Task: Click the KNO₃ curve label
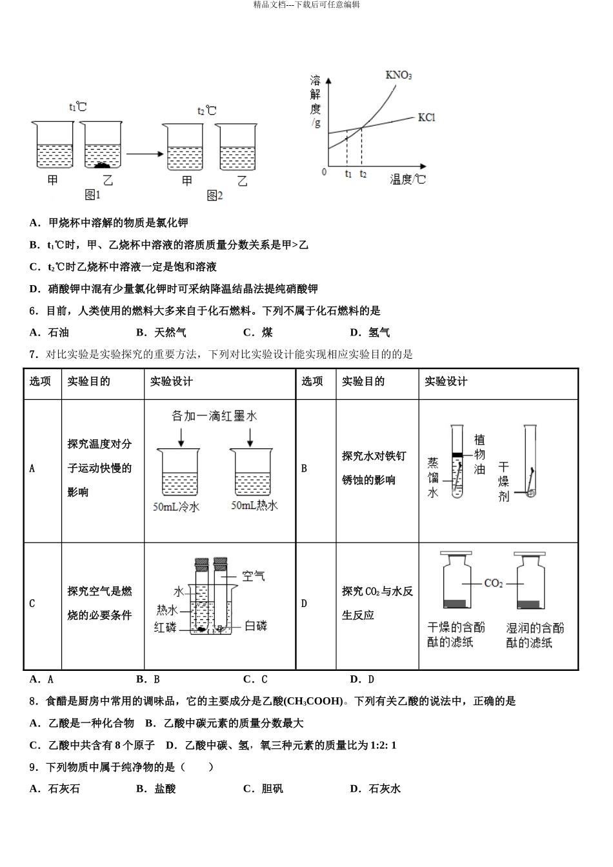pos(398,75)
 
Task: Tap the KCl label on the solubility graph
pos(427,117)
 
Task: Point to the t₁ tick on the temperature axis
pos(348,174)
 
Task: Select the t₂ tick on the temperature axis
pos(363,174)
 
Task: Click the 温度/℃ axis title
pos(408,179)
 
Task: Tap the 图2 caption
pos(214,195)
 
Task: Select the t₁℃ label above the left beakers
pos(77,106)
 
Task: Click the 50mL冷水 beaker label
pos(176,507)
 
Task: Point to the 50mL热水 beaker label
pos(254,506)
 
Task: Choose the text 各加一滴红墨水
pos(214,416)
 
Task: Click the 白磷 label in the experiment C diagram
pos(256,626)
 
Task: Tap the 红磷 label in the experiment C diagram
pos(165,627)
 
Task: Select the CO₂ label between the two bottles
pos(493,583)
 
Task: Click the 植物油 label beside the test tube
pos(479,454)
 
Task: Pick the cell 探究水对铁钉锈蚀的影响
pos(374,468)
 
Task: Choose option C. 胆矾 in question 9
pos(263,788)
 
